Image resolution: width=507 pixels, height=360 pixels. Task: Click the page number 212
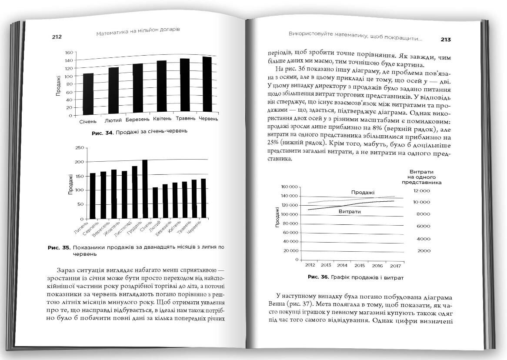pyautogui.click(x=57, y=37)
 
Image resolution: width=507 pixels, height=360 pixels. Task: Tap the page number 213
pyautogui.click(x=445, y=40)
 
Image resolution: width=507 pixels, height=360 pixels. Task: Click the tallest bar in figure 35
pyautogui.click(x=145, y=189)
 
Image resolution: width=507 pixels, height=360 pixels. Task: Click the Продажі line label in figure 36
pyautogui.click(x=363, y=193)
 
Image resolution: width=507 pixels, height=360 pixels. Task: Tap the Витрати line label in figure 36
pyautogui.click(x=349, y=211)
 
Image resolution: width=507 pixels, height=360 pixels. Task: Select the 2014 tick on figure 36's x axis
pyautogui.click(x=342, y=265)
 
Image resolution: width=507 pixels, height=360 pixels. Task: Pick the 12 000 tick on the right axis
pyautogui.click(x=421, y=191)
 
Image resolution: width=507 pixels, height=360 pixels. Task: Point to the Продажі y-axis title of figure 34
pyautogui.click(x=58, y=86)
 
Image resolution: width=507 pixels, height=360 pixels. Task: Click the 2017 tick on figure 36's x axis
pyautogui.click(x=395, y=265)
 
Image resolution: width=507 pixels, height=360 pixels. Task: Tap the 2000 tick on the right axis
pyautogui.click(x=424, y=251)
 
